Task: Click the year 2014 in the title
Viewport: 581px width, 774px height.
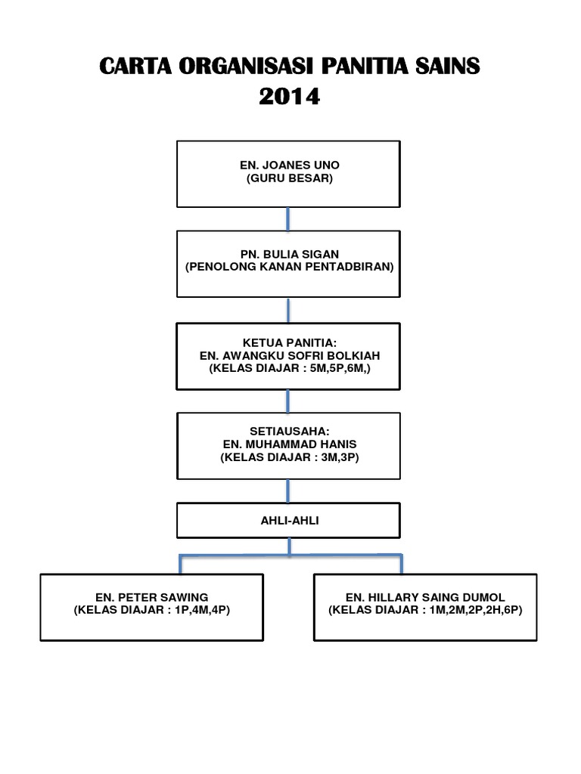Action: (x=290, y=96)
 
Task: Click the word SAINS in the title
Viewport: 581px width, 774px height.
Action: (x=447, y=67)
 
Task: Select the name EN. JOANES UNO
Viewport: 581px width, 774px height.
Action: (x=290, y=165)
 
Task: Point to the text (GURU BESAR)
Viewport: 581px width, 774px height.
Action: (x=290, y=178)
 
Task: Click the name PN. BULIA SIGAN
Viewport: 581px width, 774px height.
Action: (x=290, y=254)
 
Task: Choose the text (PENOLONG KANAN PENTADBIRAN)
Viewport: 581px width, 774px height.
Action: (x=290, y=267)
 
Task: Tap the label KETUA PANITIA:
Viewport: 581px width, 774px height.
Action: (x=290, y=342)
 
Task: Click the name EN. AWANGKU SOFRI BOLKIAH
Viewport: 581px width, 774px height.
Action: (x=290, y=355)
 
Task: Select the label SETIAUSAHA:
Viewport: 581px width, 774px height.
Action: (x=290, y=431)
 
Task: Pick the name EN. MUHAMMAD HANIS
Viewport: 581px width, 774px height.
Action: (x=290, y=444)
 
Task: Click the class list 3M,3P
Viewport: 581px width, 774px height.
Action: (x=337, y=457)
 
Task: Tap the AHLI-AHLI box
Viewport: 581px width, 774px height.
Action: (x=288, y=520)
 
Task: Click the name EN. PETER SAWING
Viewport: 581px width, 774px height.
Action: (x=151, y=597)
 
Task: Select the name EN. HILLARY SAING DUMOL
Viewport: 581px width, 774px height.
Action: (x=425, y=597)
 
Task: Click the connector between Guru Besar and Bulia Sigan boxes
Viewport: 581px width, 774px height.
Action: (x=288, y=219)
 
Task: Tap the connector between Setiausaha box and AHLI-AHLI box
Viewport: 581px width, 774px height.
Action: (x=288, y=491)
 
